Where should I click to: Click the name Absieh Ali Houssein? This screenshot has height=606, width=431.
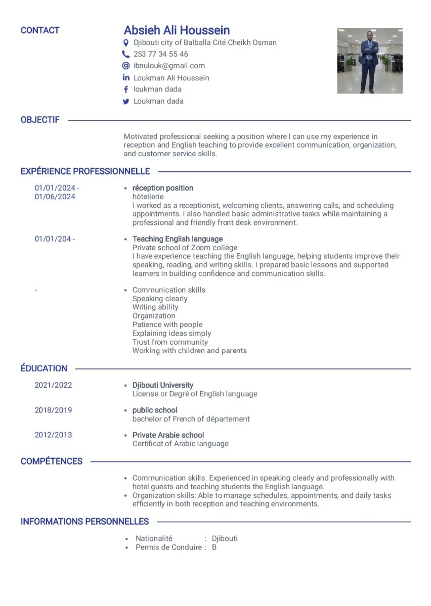coord(177,30)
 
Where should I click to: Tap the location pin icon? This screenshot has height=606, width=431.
coord(126,43)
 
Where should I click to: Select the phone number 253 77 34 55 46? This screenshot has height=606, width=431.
coord(160,54)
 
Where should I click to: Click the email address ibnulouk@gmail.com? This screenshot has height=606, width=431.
coord(169,66)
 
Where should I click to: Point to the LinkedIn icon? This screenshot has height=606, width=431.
coord(126,78)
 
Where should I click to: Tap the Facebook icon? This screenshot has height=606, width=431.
coord(126,89)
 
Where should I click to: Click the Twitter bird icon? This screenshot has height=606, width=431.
coord(126,102)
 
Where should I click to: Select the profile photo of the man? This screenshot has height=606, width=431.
coord(370,61)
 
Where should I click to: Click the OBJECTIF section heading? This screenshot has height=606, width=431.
coord(40,120)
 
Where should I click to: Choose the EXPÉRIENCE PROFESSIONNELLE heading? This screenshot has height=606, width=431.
coord(85,171)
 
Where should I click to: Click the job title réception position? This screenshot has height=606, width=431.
coord(162,188)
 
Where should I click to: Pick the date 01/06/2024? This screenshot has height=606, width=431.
coord(55,197)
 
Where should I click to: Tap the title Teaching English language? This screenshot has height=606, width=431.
coord(177,239)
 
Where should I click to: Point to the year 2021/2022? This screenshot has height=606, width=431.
coord(53,385)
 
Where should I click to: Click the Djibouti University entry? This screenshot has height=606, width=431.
coord(162,385)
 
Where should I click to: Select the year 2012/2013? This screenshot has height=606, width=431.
coord(53,435)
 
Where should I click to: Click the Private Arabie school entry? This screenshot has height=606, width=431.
coord(168,435)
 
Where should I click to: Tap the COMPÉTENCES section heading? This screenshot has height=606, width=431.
coord(51,461)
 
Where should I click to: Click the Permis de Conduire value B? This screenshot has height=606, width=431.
coord(214,547)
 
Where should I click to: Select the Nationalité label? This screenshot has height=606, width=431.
coord(154,539)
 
